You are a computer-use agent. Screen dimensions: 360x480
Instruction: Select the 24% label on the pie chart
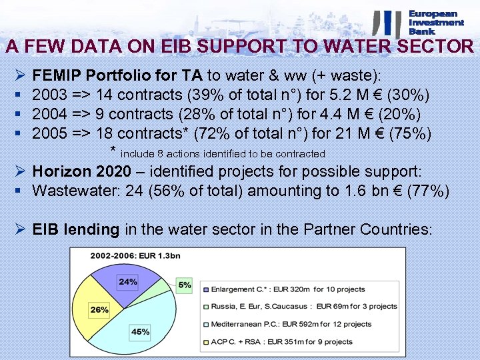pyautogui.click(x=127, y=282)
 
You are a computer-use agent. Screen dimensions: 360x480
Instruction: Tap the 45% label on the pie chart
pyautogui.click(x=140, y=332)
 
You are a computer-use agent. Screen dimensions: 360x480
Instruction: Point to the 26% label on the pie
pyautogui.click(x=99, y=310)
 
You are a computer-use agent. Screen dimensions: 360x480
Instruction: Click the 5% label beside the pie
pyautogui.click(x=185, y=285)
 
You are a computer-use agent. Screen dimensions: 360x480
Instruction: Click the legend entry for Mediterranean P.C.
pyautogui.click(x=291, y=324)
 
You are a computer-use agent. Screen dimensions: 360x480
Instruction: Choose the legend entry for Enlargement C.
pyautogui.click(x=287, y=289)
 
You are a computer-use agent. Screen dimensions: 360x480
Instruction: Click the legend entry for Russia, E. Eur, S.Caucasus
pyautogui.click(x=303, y=307)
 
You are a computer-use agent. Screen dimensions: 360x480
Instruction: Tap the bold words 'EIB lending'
pyautogui.click(x=75, y=229)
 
